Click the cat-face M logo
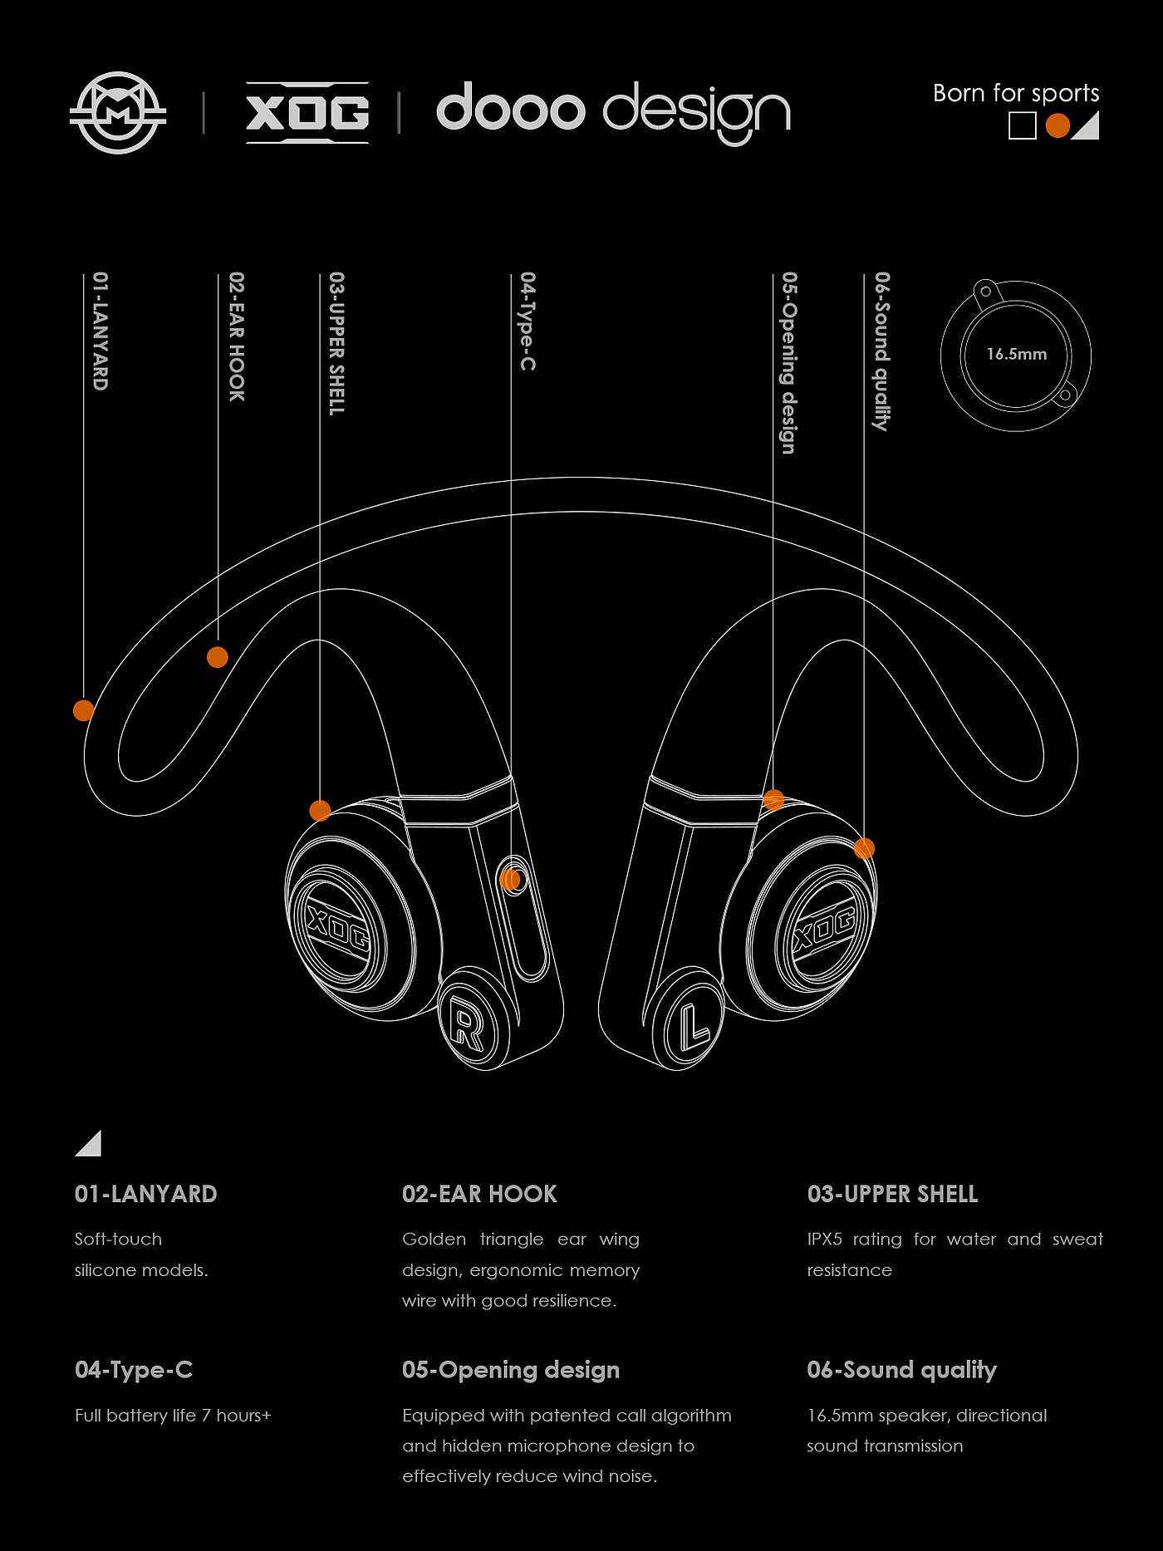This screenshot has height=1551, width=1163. click(x=118, y=112)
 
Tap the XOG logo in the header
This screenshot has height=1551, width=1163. click(x=307, y=113)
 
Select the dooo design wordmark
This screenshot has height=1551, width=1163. click(x=613, y=110)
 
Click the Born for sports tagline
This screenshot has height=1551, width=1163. click(x=1015, y=93)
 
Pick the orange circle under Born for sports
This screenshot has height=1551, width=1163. click(x=1057, y=125)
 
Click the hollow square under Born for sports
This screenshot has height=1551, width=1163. click(x=1022, y=126)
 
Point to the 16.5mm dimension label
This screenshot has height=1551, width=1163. click(x=1016, y=354)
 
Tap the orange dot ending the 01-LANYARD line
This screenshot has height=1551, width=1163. click(x=83, y=710)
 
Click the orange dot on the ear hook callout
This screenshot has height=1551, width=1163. click(x=217, y=657)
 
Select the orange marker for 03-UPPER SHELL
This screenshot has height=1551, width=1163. click(x=320, y=810)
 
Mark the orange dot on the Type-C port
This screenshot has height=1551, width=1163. click(x=510, y=879)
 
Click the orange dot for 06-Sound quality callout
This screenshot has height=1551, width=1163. click(x=864, y=848)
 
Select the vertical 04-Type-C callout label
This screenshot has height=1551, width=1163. click(x=528, y=321)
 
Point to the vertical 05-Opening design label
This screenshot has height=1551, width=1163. click(x=788, y=362)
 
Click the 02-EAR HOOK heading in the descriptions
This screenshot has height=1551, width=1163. click(x=479, y=1194)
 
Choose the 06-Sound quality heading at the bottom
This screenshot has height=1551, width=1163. click(x=901, y=1370)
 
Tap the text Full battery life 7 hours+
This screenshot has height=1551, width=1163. click(x=173, y=1415)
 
